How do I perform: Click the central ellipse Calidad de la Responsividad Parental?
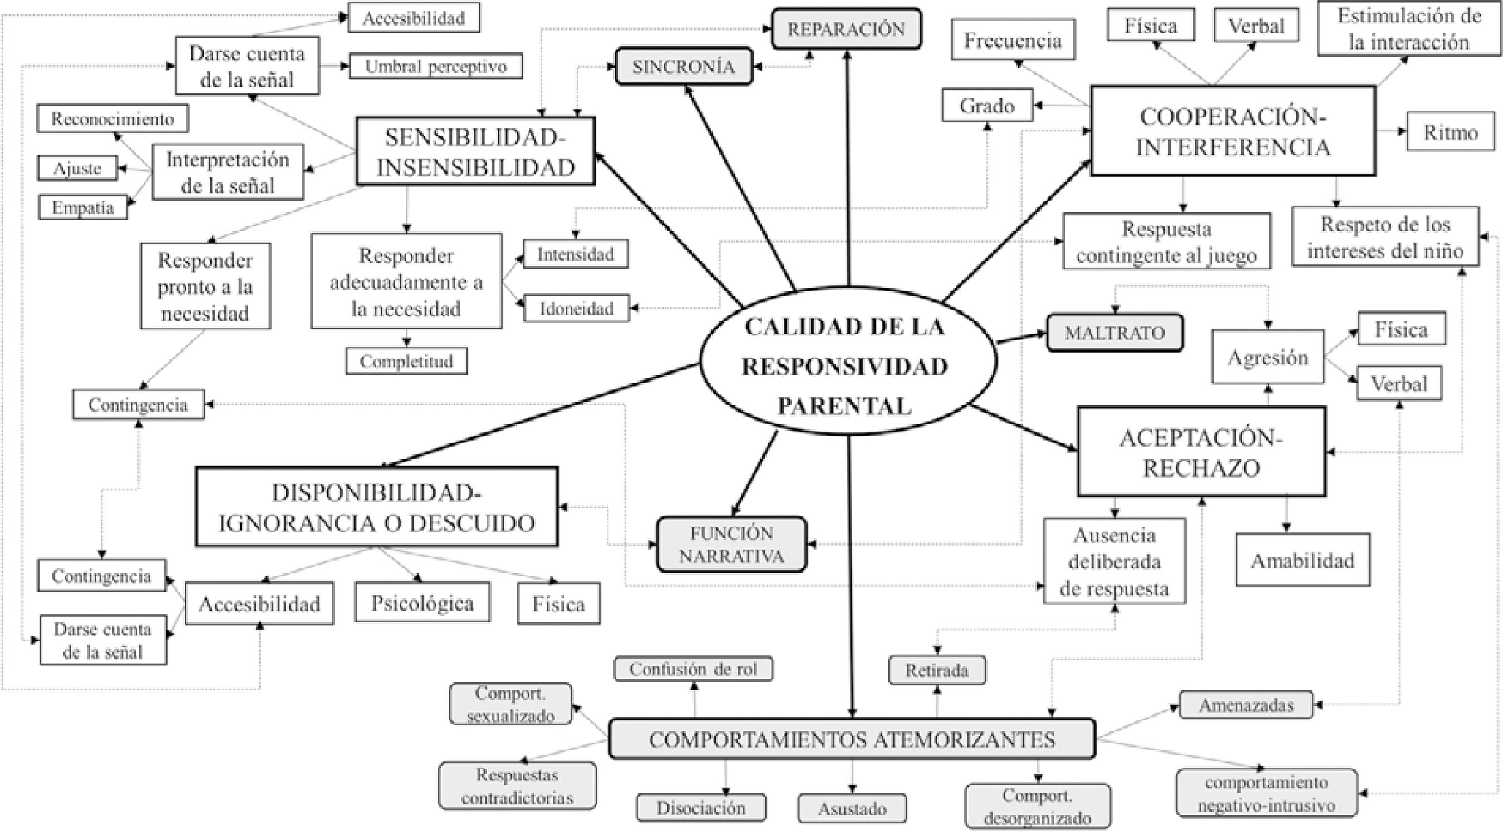tap(845, 366)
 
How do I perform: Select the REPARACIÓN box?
tap(846, 28)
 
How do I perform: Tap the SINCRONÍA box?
tap(683, 67)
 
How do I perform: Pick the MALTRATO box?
tap(1114, 333)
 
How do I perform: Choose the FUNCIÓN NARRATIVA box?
tap(731, 544)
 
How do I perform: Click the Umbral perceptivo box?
tap(435, 67)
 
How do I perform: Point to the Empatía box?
tap(83, 207)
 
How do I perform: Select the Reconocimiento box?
tap(112, 119)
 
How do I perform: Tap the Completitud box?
tap(406, 361)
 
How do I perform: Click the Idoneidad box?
tap(576, 308)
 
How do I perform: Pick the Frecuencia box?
tap(1013, 39)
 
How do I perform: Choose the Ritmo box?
tap(1450, 132)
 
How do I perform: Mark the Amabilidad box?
tap(1302, 561)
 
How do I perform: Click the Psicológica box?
tap(422, 602)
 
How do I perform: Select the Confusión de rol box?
tap(692, 669)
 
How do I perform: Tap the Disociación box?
tap(701, 808)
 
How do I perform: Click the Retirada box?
tap(936, 670)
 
